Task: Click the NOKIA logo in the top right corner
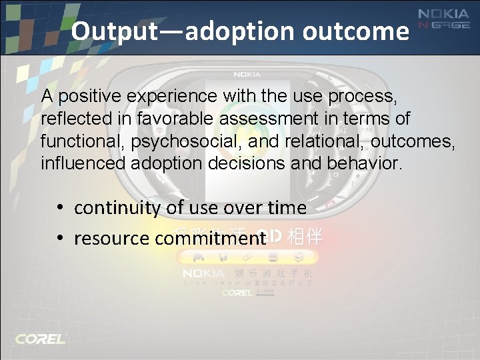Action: click(443, 14)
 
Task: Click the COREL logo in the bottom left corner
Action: click(41, 339)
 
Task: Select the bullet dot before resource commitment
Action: click(60, 238)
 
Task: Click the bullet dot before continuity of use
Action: click(60, 208)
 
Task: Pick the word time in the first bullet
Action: click(288, 208)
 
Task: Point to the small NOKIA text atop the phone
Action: click(247, 74)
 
